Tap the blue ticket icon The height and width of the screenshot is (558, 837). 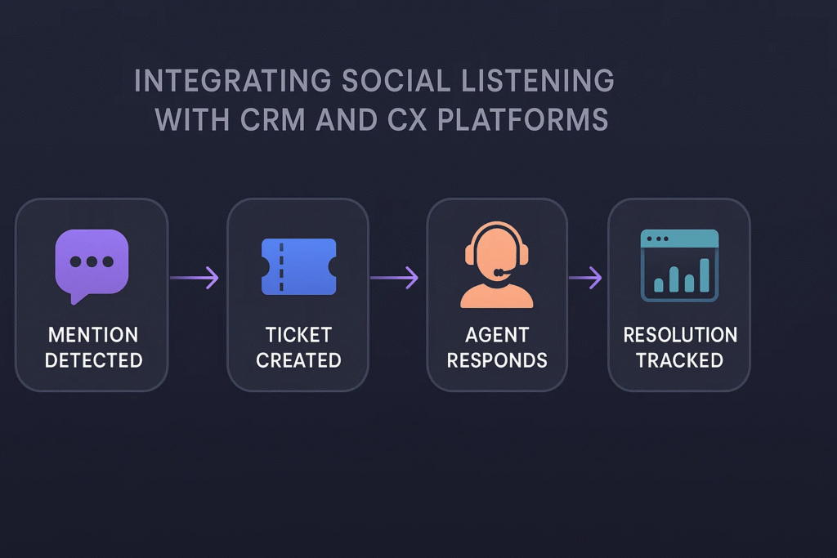299,266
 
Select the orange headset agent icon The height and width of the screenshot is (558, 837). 497,265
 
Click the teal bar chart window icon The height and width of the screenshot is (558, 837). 679,266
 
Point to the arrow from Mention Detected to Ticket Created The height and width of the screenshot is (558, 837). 195,278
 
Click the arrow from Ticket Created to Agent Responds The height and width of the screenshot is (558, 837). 395,278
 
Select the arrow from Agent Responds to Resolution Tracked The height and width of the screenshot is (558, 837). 585,278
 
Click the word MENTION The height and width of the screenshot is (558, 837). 93,335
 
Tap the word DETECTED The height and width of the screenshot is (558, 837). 94,360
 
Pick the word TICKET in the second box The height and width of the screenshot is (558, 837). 299,335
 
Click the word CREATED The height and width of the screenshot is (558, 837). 298,360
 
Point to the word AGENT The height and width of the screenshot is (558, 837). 497,335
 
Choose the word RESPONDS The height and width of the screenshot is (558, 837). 497,360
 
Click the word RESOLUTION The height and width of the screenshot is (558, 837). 680,335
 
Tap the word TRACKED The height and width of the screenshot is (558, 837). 679,360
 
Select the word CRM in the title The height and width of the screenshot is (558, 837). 272,119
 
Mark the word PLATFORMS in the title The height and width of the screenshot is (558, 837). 522,119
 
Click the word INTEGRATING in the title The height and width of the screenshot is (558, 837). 233,81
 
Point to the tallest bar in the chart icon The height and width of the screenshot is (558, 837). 705,275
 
